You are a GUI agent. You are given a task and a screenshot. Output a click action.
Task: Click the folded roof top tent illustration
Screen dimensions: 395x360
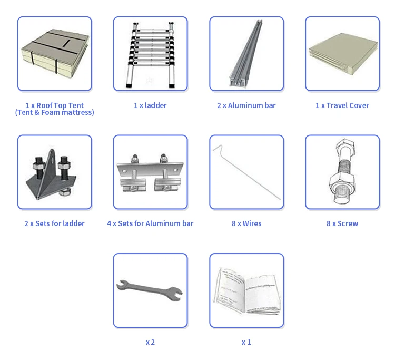coord(55,52)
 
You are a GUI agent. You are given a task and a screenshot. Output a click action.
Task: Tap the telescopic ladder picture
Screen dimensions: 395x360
coord(151,55)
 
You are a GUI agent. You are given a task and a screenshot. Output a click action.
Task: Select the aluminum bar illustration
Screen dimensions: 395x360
coord(246,53)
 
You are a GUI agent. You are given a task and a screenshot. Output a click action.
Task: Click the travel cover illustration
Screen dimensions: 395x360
coord(343,54)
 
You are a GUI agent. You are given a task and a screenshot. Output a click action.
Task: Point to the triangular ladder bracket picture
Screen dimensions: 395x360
coord(51,174)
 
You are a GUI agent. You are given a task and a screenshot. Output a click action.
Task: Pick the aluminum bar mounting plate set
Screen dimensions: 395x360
coord(151,173)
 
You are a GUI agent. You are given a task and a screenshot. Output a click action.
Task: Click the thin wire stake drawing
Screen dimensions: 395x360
coord(246,172)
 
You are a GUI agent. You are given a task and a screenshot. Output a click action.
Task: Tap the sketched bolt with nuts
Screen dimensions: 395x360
coord(343,171)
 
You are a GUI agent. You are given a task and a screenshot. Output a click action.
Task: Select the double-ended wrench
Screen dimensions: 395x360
coord(150,290)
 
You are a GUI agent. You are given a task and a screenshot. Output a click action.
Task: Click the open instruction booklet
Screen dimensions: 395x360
coord(247,290)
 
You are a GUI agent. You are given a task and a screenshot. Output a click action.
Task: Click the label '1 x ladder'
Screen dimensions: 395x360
coord(150,105)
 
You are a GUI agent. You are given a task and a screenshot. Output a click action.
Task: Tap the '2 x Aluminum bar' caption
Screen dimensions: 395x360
coord(246,105)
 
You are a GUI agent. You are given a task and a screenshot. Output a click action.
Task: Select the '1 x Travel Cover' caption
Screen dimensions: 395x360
coord(342,105)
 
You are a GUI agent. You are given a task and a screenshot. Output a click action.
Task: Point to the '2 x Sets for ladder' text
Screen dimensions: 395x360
coord(54,223)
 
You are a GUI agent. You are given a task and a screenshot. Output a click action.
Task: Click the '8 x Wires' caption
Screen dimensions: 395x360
coord(246,223)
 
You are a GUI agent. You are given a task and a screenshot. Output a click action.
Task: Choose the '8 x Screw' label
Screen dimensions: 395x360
coord(342,223)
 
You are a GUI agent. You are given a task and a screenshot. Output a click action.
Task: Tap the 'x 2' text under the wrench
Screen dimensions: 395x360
coord(150,342)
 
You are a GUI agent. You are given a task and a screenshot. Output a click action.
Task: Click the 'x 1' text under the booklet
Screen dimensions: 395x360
coord(246,342)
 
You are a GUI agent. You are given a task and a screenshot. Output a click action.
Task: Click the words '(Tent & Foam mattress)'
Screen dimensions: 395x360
coord(54,112)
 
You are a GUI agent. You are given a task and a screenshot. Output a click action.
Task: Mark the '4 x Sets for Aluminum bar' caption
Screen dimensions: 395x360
coord(150,223)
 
